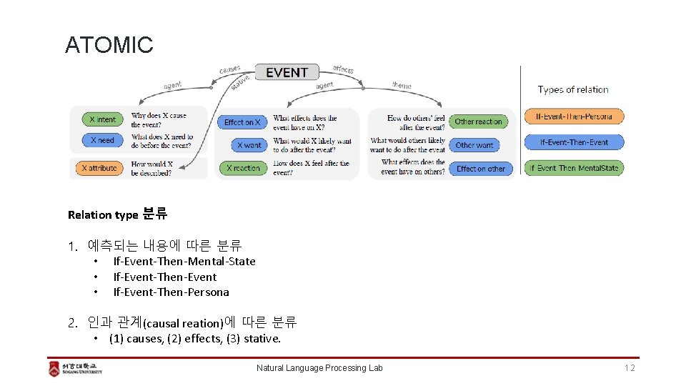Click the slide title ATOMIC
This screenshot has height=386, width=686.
pyautogui.click(x=109, y=45)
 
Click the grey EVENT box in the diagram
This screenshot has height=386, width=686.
pyautogui.click(x=287, y=72)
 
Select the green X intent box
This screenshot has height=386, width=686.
pyautogui.click(x=102, y=119)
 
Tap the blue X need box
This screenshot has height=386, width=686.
pyautogui.click(x=102, y=140)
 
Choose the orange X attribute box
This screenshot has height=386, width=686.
pyautogui.click(x=99, y=169)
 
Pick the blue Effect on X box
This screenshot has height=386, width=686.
pyautogui.click(x=242, y=122)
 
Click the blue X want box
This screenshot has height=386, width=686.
pyautogui.click(x=249, y=145)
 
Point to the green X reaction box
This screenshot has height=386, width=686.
pyautogui.click(x=243, y=169)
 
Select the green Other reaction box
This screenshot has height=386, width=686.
pyautogui.click(x=478, y=122)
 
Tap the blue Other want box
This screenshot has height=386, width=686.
pyautogui.click(x=474, y=145)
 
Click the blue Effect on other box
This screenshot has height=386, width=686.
pyautogui.click(x=480, y=169)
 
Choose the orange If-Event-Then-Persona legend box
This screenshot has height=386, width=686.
pyautogui.click(x=574, y=116)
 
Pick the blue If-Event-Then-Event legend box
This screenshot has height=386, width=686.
pyautogui.click(x=574, y=142)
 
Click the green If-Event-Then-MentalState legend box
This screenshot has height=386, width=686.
pyautogui.click(x=574, y=168)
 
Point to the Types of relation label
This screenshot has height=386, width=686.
pyautogui.click(x=573, y=90)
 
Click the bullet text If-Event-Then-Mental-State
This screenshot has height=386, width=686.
pyautogui.click(x=184, y=262)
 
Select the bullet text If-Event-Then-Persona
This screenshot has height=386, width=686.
pyautogui.click(x=171, y=292)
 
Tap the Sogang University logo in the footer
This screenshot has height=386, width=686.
pyautogui.click(x=76, y=368)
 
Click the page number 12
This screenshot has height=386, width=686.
pyautogui.click(x=629, y=368)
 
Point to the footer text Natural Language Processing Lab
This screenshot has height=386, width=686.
pyautogui.click(x=319, y=368)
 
